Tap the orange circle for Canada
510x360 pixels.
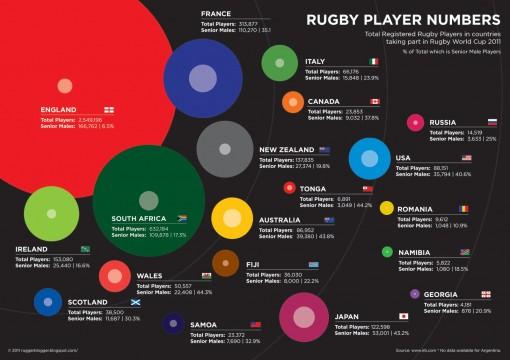click(293, 102)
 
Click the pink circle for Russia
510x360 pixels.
click(415, 123)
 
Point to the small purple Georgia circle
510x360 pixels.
click(415, 294)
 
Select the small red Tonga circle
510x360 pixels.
click(290, 187)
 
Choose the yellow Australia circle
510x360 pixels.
click(232, 218)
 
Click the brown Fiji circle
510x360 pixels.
click(225, 263)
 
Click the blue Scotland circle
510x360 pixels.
click(48, 301)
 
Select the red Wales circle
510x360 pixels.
click(115, 275)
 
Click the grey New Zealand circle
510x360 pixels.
click(225, 149)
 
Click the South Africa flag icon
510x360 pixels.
click(182, 217)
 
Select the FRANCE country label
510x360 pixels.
click(215, 13)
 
